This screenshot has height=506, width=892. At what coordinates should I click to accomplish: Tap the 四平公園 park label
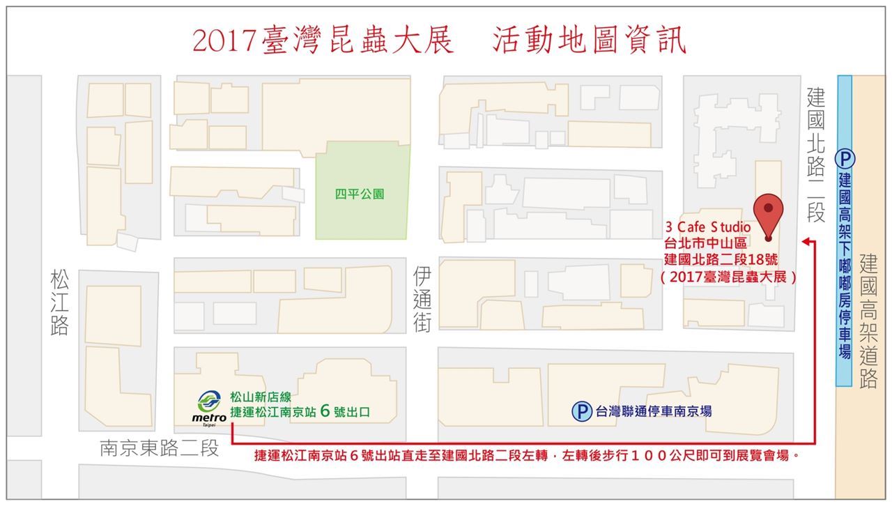[360, 194]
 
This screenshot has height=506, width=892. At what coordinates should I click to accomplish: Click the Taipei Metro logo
[209, 406]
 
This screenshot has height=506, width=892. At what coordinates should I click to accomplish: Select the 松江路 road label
[60, 303]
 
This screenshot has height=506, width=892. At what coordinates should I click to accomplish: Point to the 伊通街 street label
[422, 298]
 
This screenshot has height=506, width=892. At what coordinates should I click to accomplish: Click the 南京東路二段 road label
[159, 447]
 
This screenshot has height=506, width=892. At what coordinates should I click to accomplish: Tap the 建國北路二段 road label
[816, 155]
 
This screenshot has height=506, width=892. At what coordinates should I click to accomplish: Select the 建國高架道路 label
[868, 321]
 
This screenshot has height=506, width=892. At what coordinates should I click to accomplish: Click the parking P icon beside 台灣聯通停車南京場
[581, 411]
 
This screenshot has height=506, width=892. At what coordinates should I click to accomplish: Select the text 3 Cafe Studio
[708, 227]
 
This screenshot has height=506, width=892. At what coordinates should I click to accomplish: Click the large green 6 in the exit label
[325, 411]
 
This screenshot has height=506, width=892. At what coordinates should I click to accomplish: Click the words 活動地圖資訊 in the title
[589, 42]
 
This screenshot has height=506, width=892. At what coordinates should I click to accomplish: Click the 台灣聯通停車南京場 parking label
[653, 411]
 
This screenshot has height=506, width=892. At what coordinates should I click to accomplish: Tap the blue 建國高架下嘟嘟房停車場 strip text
[845, 265]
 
